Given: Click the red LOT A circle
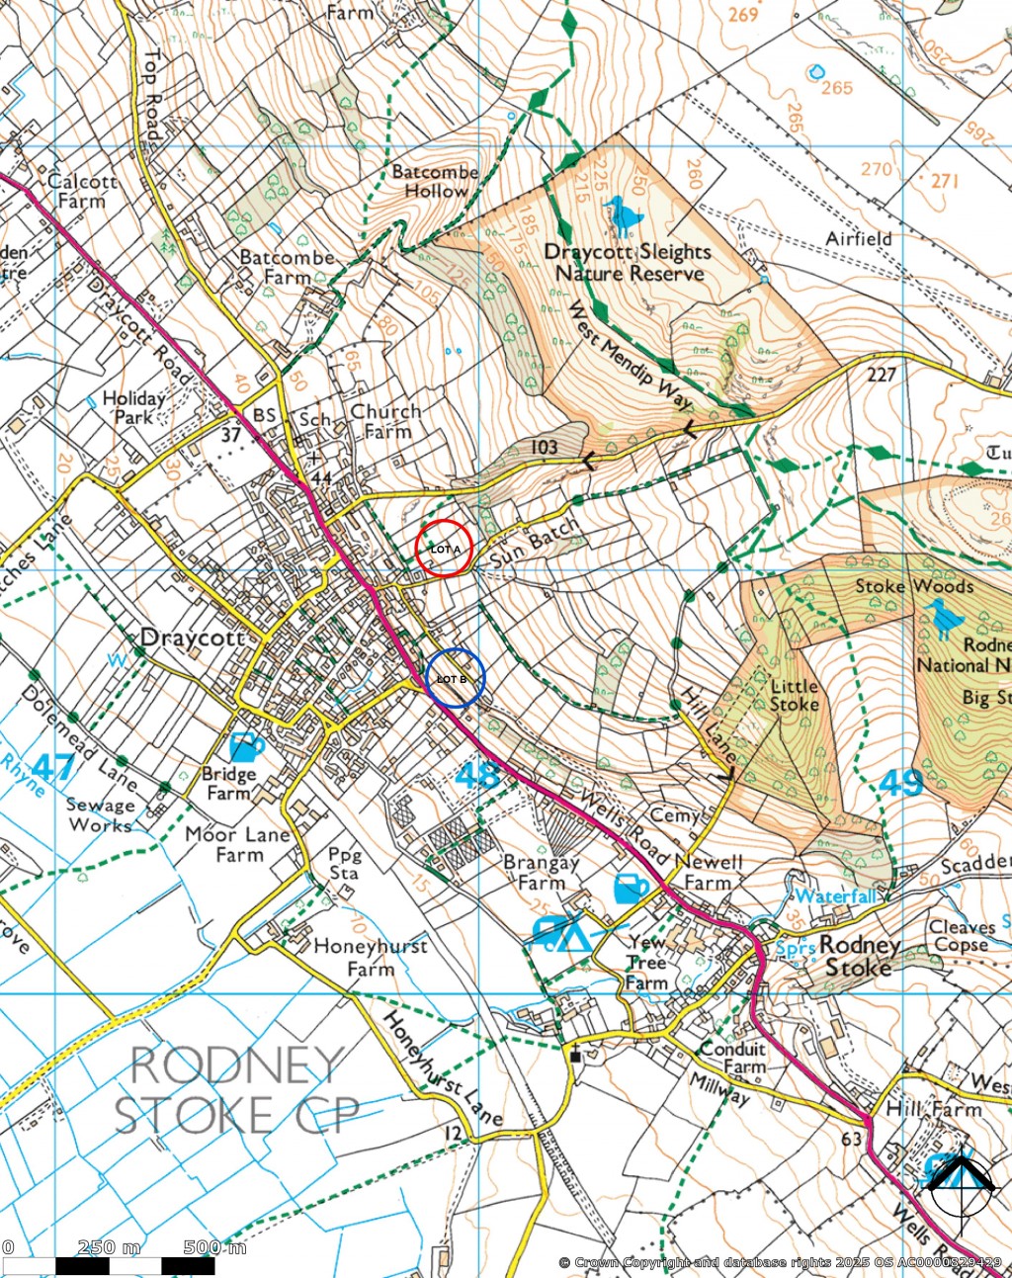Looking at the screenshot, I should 444,549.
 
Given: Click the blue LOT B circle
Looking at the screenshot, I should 456,678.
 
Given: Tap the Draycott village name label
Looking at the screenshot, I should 193,639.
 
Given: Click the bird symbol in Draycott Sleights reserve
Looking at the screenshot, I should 624,215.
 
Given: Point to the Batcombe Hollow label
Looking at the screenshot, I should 435,181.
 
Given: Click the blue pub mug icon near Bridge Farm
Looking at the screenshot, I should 245,746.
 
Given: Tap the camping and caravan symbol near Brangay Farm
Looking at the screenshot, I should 559,932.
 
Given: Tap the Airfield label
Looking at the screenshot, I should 859,238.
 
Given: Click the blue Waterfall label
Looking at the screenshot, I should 835,896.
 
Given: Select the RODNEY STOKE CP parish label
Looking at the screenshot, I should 237,1090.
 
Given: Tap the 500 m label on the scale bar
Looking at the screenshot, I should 214,1247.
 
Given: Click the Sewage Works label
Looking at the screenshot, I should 100,815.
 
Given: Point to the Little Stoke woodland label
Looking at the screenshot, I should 794,695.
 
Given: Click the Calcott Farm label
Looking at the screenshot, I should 82,191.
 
